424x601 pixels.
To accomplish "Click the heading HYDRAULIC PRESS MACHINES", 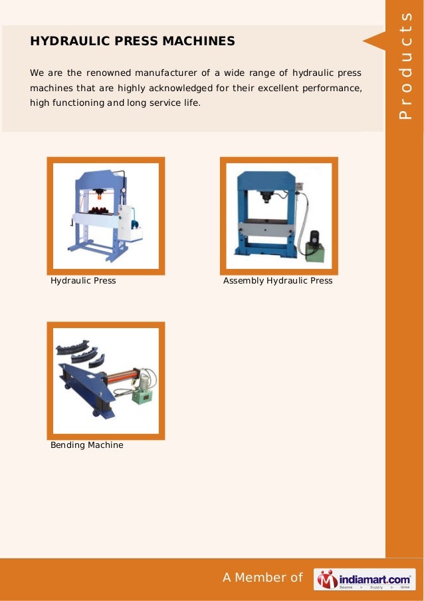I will [x=132, y=41].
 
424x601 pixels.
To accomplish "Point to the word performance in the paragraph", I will [x=336, y=88].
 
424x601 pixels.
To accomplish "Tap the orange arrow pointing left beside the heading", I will [x=373, y=41].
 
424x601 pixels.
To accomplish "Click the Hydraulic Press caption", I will [x=83, y=281].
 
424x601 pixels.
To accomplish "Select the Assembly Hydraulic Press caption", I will [x=277, y=281].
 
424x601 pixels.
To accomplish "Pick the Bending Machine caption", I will [x=86, y=445].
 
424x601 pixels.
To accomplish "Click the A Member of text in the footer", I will [x=263, y=578].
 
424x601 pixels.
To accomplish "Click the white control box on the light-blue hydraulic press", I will [x=124, y=221].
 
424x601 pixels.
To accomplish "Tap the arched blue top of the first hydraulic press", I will [x=100, y=177].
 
